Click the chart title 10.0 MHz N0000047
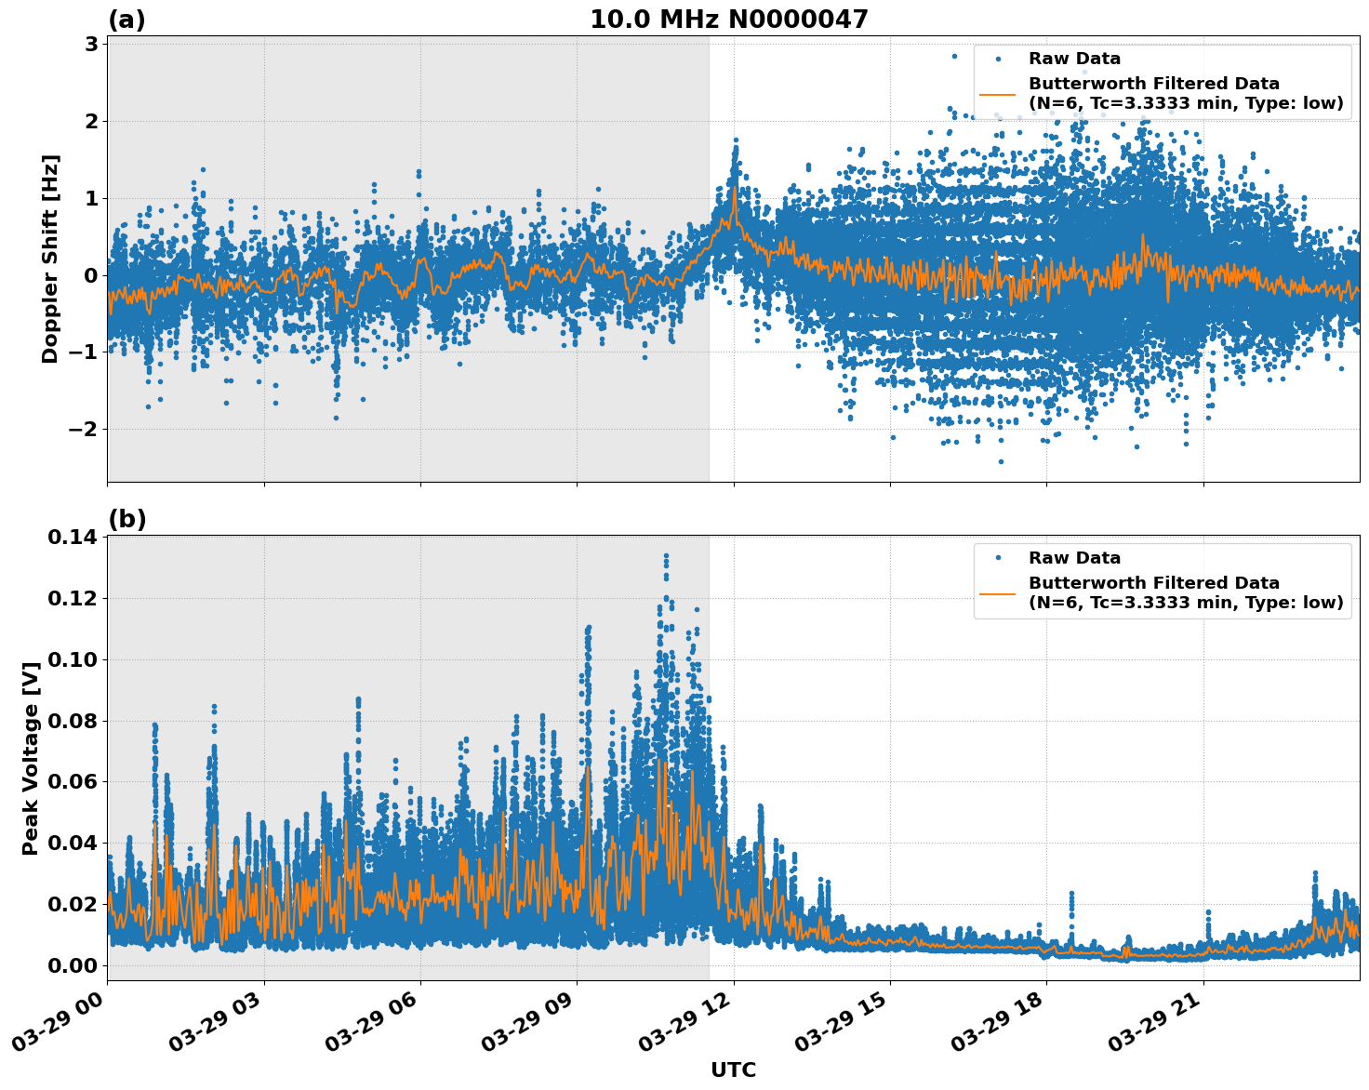pyautogui.click(x=728, y=20)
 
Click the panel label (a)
pyautogui.click(x=126, y=20)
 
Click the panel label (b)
pyautogui.click(x=126, y=519)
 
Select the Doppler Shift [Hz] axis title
pyautogui.click(x=50, y=259)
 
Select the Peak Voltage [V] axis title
pyautogui.click(x=31, y=758)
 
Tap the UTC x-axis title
pyautogui.click(x=733, y=1070)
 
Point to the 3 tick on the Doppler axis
pyautogui.click(x=90, y=45)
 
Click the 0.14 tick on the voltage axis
pyautogui.click(x=72, y=537)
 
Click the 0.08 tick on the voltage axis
pyautogui.click(x=72, y=721)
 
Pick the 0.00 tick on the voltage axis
pyautogui.click(x=72, y=965)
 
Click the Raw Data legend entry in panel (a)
pyautogui.click(x=1074, y=59)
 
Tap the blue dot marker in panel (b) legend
pyautogui.click(x=998, y=558)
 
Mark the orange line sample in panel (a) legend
pyautogui.click(x=998, y=93)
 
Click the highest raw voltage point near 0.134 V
pyautogui.click(x=666, y=556)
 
